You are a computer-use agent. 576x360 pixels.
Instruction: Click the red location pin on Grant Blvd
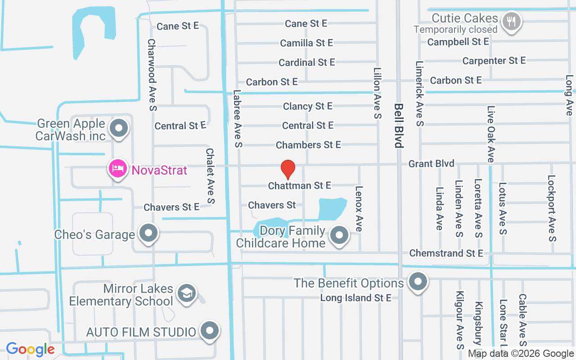point(288,169)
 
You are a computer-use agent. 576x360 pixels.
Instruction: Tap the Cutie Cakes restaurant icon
point(511,21)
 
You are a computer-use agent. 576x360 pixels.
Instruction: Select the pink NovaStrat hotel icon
point(117,169)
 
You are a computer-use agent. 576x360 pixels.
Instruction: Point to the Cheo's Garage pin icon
point(148,233)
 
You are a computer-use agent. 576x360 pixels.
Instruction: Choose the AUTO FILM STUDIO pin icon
point(209,331)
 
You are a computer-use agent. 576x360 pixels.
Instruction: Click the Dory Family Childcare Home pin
point(340,235)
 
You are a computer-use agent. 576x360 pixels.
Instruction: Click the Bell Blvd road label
point(398,126)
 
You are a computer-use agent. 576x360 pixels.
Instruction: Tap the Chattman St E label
point(300,185)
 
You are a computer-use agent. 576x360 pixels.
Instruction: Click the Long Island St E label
point(355,298)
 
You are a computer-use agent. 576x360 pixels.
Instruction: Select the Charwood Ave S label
point(152,75)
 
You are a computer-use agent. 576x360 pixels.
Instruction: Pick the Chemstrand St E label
point(446,253)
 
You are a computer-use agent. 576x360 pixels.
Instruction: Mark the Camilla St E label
point(306,43)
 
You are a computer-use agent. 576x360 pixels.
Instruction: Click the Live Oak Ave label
point(490,134)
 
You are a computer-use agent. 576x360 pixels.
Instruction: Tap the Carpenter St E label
point(494,60)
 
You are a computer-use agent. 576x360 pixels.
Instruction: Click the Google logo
point(30,349)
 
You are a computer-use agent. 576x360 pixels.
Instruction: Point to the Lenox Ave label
point(359,209)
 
